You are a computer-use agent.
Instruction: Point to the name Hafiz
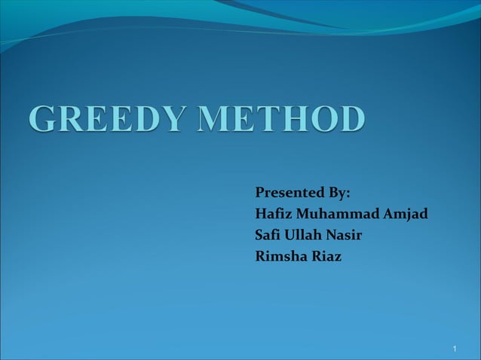point(273,215)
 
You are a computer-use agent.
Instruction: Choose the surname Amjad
point(406,215)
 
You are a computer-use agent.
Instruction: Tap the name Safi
point(270,236)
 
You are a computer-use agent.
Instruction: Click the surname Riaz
point(326,257)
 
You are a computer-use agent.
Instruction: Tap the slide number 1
point(456,349)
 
